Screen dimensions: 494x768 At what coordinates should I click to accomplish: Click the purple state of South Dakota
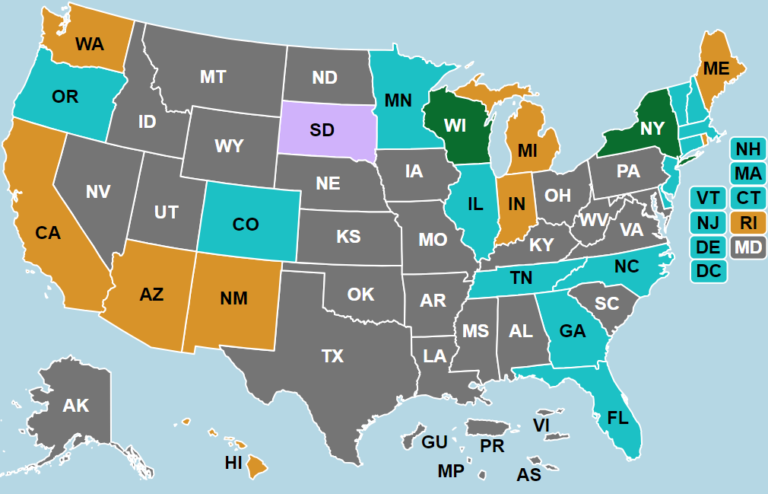click(x=322, y=129)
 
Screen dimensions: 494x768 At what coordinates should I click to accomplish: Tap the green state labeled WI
click(x=455, y=126)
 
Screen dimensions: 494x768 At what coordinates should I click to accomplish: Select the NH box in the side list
click(x=748, y=149)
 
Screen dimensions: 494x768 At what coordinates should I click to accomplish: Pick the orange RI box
click(x=748, y=223)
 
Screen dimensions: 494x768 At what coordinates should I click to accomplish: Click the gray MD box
click(x=748, y=247)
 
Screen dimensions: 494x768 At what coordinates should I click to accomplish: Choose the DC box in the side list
click(x=709, y=271)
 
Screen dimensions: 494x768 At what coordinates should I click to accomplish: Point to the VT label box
click(x=709, y=199)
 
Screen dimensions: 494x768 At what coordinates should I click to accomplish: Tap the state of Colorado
click(x=246, y=224)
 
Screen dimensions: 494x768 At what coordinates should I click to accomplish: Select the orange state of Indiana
click(x=517, y=204)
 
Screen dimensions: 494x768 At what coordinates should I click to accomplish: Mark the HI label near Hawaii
click(x=233, y=461)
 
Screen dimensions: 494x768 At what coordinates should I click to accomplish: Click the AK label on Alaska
click(x=76, y=406)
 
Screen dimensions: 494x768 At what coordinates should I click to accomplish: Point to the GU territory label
click(x=434, y=442)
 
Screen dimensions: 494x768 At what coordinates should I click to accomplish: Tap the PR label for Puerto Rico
click(x=492, y=446)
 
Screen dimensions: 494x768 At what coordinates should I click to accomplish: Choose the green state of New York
click(x=652, y=129)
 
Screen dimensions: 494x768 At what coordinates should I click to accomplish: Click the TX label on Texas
click(x=332, y=355)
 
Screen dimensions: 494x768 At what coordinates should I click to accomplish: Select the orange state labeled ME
click(x=716, y=69)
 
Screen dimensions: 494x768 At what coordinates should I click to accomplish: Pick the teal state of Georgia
click(x=572, y=331)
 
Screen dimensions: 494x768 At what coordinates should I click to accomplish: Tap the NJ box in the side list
click(x=709, y=223)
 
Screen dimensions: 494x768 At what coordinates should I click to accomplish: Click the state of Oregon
click(x=65, y=97)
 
